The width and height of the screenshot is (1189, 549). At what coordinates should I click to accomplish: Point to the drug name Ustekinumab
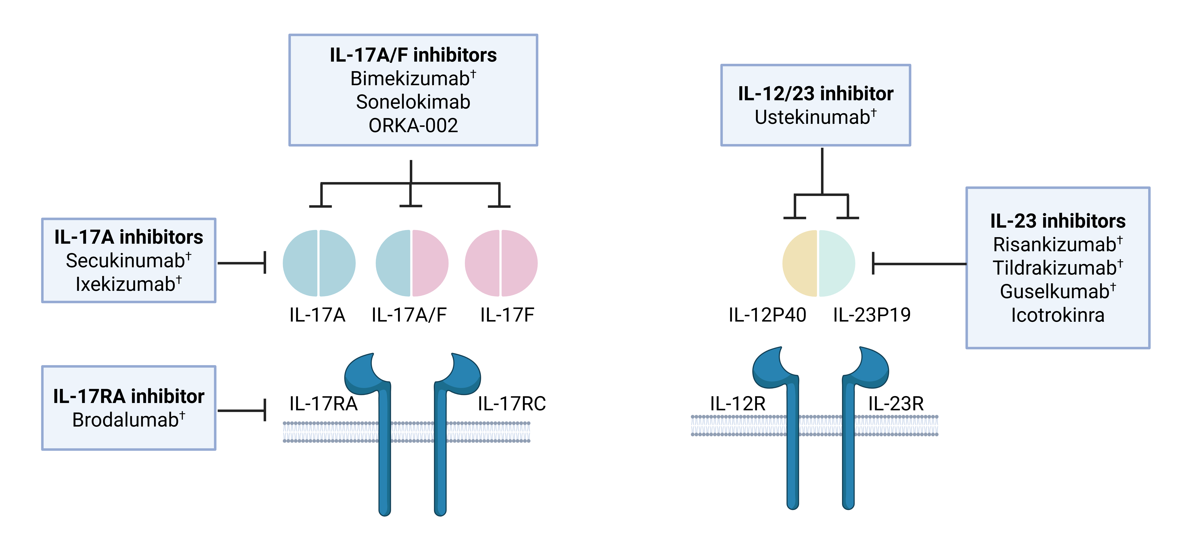812,117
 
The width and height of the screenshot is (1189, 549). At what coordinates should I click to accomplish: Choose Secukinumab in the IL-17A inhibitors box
126,261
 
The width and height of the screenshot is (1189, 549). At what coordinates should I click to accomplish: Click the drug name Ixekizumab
126,284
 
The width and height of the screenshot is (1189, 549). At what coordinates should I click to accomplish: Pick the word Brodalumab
126,420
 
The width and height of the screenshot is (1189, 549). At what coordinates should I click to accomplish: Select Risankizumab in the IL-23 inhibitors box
1055,244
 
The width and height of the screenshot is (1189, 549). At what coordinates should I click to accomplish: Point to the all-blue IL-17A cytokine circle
319,263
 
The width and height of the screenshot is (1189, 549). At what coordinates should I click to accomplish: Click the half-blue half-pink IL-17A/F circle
412,263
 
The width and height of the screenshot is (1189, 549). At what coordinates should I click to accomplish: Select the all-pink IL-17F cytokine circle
501,263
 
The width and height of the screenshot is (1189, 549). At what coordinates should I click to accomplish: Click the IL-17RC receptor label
511,404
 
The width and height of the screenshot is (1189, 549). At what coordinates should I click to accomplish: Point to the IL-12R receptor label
738,404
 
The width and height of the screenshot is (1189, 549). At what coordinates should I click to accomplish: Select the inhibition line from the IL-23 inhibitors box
919,264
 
